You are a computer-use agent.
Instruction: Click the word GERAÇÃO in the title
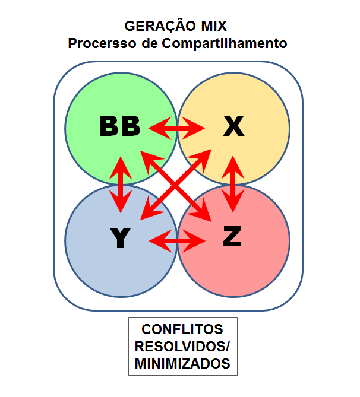pyautogui.click(x=160, y=26)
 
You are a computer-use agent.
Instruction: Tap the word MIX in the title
pyautogui.click(x=214, y=26)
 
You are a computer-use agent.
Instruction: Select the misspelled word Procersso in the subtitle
pyautogui.click(x=102, y=43)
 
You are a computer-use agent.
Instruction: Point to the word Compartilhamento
pyautogui.click(x=225, y=43)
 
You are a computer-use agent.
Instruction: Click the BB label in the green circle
pyautogui.click(x=119, y=126)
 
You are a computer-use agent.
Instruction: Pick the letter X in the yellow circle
pyautogui.click(x=233, y=126)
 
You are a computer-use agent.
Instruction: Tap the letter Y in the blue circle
pyautogui.click(x=120, y=238)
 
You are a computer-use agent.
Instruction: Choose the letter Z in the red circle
pyautogui.click(x=232, y=236)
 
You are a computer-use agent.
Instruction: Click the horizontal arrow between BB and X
pyautogui.click(x=176, y=128)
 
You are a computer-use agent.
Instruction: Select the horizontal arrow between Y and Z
pyautogui.click(x=177, y=241)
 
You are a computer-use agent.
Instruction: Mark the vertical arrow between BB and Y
pyautogui.click(x=121, y=185)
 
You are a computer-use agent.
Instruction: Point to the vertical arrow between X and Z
pyautogui.click(x=233, y=184)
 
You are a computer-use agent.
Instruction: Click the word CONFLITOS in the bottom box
pyautogui.click(x=182, y=329)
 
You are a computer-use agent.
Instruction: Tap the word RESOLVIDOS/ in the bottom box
pyautogui.click(x=182, y=347)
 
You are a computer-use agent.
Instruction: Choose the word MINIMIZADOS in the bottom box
pyautogui.click(x=182, y=364)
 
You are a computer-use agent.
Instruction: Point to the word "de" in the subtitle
pyautogui.click(x=150, y=43)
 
